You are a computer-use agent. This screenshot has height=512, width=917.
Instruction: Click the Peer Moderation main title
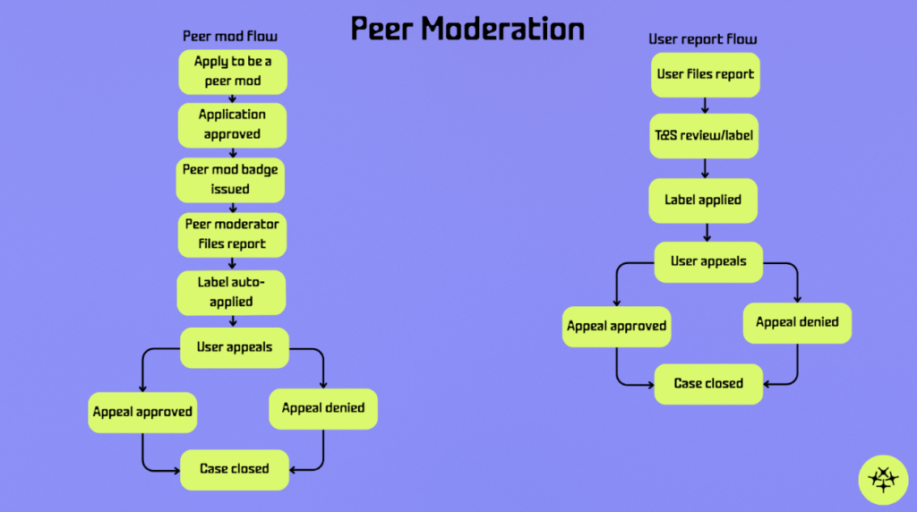467,29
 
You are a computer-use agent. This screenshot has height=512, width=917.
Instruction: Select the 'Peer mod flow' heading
230,37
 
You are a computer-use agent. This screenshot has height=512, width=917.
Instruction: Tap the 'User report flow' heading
703,39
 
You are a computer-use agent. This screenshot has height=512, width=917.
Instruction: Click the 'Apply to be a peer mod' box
233,72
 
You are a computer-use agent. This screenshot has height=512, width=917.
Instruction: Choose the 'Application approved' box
232,125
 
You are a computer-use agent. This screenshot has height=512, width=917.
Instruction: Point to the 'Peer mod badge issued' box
230,180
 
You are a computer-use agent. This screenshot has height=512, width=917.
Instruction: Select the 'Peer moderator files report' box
232,235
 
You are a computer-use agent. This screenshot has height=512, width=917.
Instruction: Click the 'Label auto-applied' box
231,293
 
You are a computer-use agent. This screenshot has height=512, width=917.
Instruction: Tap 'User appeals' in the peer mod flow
235,347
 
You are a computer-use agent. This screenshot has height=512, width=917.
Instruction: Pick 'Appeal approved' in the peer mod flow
142,413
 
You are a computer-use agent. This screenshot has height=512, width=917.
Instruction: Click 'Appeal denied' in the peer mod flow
323,408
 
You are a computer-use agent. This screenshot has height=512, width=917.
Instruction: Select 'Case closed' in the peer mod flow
235,469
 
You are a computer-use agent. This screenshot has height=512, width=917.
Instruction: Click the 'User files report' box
706,74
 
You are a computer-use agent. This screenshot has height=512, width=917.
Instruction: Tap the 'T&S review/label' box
704,136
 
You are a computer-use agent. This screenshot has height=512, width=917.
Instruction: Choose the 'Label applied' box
703,201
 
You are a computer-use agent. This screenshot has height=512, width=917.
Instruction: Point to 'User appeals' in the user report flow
708,262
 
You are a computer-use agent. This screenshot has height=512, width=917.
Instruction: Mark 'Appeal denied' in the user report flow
797,322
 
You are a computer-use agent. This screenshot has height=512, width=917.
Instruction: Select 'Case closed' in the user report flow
708,384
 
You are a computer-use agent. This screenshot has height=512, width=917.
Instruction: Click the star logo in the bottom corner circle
883,479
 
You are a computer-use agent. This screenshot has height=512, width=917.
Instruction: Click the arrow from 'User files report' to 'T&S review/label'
706,105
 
